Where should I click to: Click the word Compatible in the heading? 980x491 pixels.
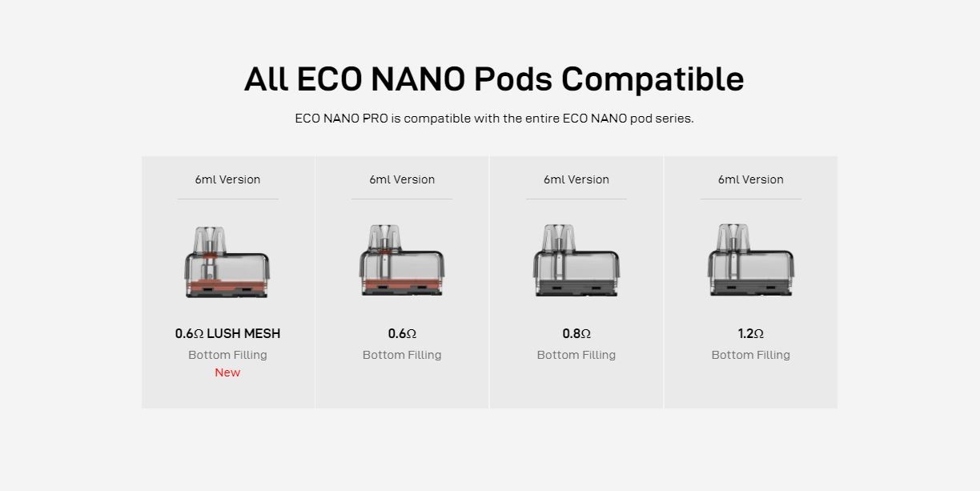653,80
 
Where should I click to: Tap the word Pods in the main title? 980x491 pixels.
512,78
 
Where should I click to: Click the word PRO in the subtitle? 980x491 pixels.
375,119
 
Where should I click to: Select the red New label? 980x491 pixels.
227,372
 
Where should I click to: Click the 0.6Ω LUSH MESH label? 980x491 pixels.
227,333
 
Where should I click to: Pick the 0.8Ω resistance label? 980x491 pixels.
576,333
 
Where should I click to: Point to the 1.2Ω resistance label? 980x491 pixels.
751,333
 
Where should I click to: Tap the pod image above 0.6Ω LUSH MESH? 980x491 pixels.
227,262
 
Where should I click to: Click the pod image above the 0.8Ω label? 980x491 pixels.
576,260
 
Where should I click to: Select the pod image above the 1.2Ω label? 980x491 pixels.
751,260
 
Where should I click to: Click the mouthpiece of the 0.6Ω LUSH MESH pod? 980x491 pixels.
210,239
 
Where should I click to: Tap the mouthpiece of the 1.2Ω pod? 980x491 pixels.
733,238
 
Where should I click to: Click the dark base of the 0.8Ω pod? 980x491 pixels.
576,288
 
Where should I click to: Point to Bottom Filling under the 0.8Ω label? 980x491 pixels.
576,355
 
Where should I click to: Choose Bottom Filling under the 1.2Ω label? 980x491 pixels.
751,355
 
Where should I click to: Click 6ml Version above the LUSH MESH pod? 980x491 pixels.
227,179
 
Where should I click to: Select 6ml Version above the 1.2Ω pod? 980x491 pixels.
751,179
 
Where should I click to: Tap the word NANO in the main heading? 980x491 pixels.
418,78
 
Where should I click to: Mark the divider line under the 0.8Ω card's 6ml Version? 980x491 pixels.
576,199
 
